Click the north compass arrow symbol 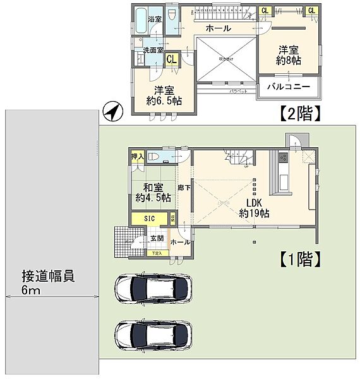pyautogui.click(x=111, y=112)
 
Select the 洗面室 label pyautogui.click(x=153, y=49)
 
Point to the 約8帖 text pyautogui.click(x=288, y=61)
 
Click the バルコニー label pyautogui.click(x=288, y=87)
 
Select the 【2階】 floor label pyautogui.click(x=299, y=114)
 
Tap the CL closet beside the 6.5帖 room pyautogui.click(x=171, y=59)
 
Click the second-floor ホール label pyautogui.click(x=218, y=29)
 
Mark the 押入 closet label pyautogui.click(x=137, y=156)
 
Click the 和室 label pyautogui.click(x=153, y=187)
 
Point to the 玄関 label pyautogui.click(x=157, y=238)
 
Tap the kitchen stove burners pyautogui.click(x=283, y=157)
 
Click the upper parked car pyautogui.click(x=152, y=289)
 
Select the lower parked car pyautogui.click(x=152, y=333)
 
